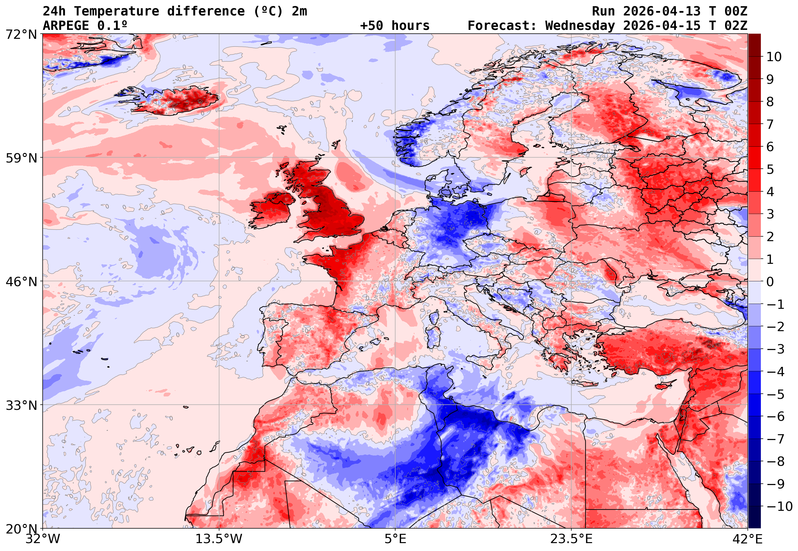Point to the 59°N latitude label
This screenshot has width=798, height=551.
coord(21,158)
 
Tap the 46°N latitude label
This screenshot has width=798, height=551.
coord(21,282)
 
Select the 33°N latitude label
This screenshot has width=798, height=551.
coord(21,405)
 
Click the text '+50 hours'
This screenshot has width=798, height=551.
coord(395,26)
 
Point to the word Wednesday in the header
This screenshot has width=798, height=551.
coord(580,26)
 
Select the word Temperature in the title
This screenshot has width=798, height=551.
coord(117,11)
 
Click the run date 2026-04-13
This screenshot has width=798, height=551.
coord(662,11)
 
